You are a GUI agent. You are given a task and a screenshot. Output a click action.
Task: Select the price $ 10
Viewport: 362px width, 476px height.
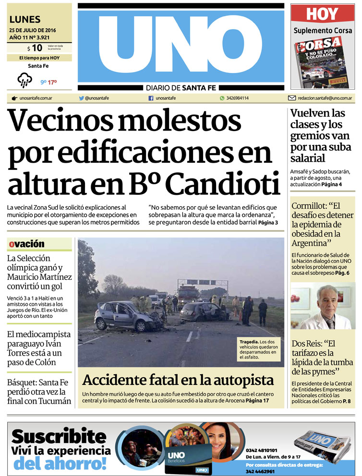(x=35, y=48)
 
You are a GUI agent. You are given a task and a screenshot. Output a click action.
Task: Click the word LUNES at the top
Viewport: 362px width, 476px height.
(x=25, y=20)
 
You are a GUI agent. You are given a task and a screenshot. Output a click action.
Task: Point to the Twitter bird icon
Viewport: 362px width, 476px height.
(x=82, y=98)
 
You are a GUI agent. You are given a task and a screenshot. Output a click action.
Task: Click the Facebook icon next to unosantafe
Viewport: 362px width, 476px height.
(x=151, y=98)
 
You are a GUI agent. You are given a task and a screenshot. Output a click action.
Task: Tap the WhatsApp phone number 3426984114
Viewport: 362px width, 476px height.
(x=238, y=98)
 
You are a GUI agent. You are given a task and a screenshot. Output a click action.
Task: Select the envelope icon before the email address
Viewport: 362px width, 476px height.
(x=291, y=98)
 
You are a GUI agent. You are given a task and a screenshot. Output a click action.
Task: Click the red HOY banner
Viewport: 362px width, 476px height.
(x=322, y=13)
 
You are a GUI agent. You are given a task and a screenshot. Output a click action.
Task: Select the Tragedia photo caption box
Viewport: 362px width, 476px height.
(x=258, y=349)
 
